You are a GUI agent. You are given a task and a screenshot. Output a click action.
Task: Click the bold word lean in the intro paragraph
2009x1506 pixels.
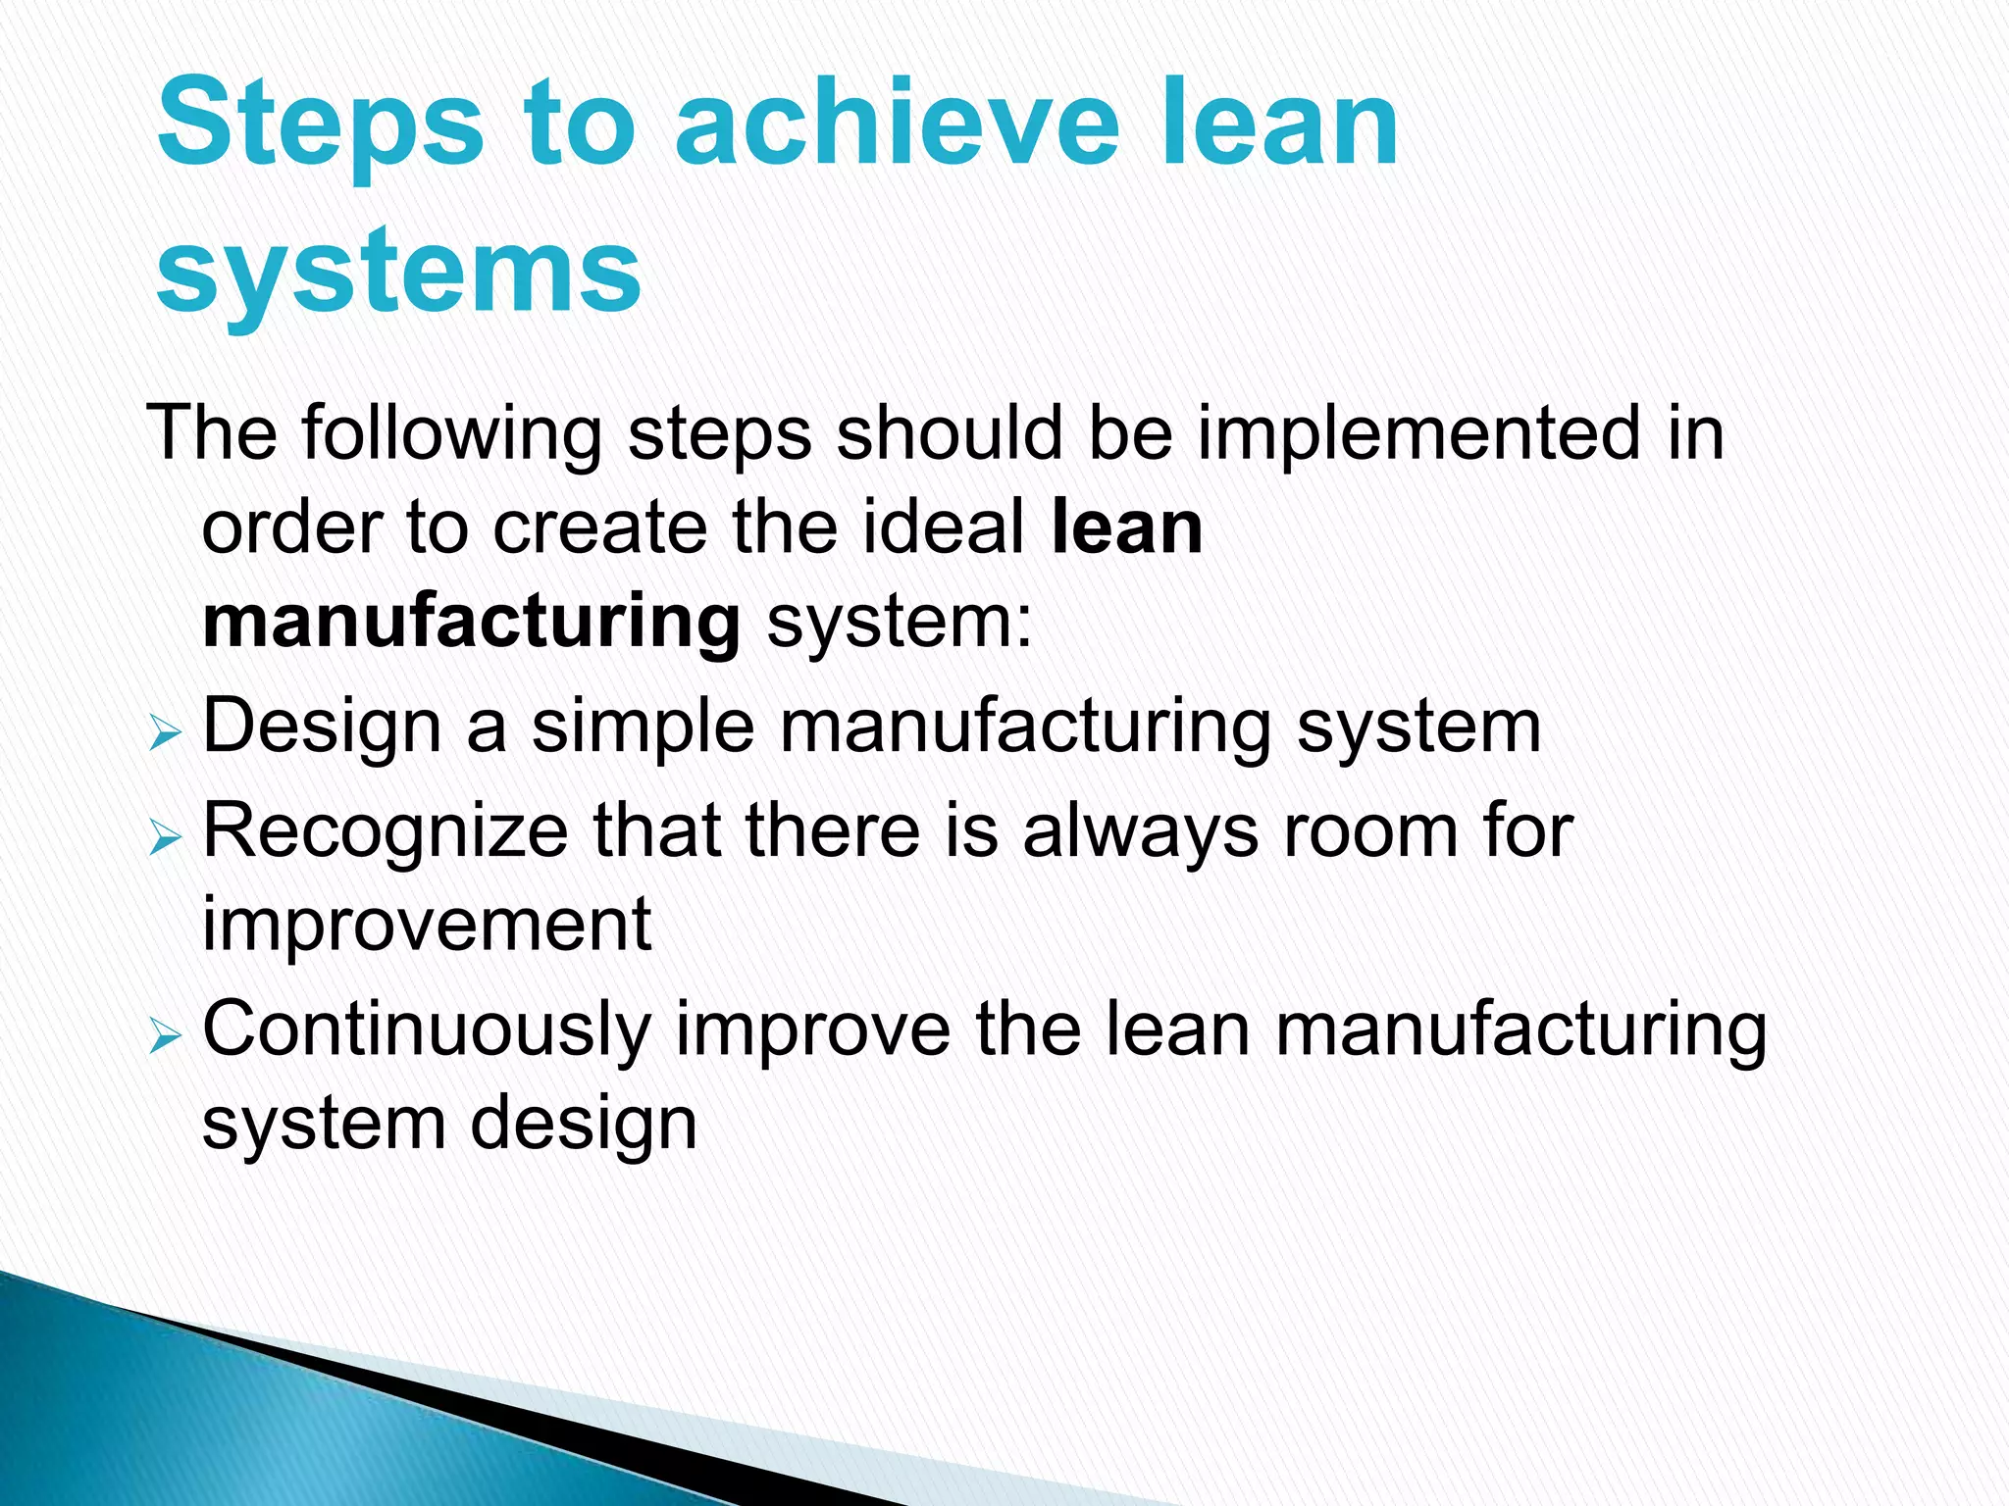(1126, 527)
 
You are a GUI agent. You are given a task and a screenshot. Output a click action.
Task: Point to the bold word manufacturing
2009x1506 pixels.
(471, 622)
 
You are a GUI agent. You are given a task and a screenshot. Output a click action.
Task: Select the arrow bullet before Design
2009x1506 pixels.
(165, 733)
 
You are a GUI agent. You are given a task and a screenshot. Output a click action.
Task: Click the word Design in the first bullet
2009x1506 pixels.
(322, 728)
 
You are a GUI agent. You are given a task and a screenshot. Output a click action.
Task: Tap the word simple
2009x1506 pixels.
(643, 728)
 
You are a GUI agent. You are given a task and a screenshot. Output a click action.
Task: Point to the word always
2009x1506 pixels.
(1140, 831)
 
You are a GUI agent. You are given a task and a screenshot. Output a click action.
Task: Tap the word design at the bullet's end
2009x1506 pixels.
(584, 1124)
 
